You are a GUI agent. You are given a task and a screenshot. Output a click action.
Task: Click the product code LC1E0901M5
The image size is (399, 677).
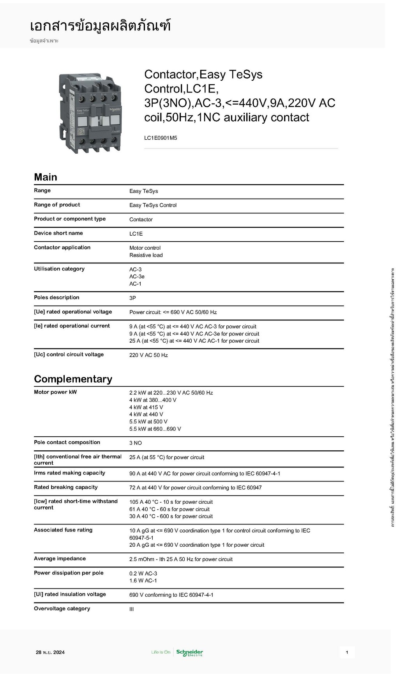click(161, 138)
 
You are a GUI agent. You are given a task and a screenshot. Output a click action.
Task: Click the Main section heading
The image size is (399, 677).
click(46, 177)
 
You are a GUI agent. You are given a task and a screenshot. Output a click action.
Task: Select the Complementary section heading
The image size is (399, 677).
click(73, 379)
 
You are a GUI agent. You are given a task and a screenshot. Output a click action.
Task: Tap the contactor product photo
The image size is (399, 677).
click(90, 113)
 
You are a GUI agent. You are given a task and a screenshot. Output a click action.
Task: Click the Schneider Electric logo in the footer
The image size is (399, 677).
click(189, 652)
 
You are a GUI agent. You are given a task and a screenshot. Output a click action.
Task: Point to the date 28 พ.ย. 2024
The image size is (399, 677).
click(50, 652)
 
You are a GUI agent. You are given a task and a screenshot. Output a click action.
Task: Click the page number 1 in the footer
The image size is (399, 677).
click(347, 652)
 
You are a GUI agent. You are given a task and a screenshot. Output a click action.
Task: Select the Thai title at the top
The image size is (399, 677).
click(100, 26)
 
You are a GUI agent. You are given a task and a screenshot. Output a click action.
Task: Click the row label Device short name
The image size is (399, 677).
click(58, 233)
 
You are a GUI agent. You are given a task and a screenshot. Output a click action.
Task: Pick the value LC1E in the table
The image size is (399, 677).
click(136, 234)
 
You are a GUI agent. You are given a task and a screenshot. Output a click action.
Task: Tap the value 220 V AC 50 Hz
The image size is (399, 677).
click(148, 355)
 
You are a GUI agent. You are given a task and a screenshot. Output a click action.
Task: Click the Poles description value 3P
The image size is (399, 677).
click(132, 298)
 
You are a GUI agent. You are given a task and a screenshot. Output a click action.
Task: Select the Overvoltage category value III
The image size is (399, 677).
click(132, 609)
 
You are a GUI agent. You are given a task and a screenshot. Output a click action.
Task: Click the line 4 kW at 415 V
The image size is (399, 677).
click(146, 407)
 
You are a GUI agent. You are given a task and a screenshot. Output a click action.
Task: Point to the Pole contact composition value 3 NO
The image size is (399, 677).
click(136, 443)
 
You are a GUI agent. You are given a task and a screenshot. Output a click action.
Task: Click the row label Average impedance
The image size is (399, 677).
click(60, 558)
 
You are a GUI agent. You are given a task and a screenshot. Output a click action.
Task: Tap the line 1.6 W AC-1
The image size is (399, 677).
click(143, 581)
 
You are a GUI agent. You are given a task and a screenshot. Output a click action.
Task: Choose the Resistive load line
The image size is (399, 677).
click(146, 255)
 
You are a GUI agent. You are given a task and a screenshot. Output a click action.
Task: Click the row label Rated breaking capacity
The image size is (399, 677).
click(65, 487)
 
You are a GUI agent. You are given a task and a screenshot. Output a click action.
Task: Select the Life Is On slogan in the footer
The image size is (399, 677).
click(161, 652)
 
